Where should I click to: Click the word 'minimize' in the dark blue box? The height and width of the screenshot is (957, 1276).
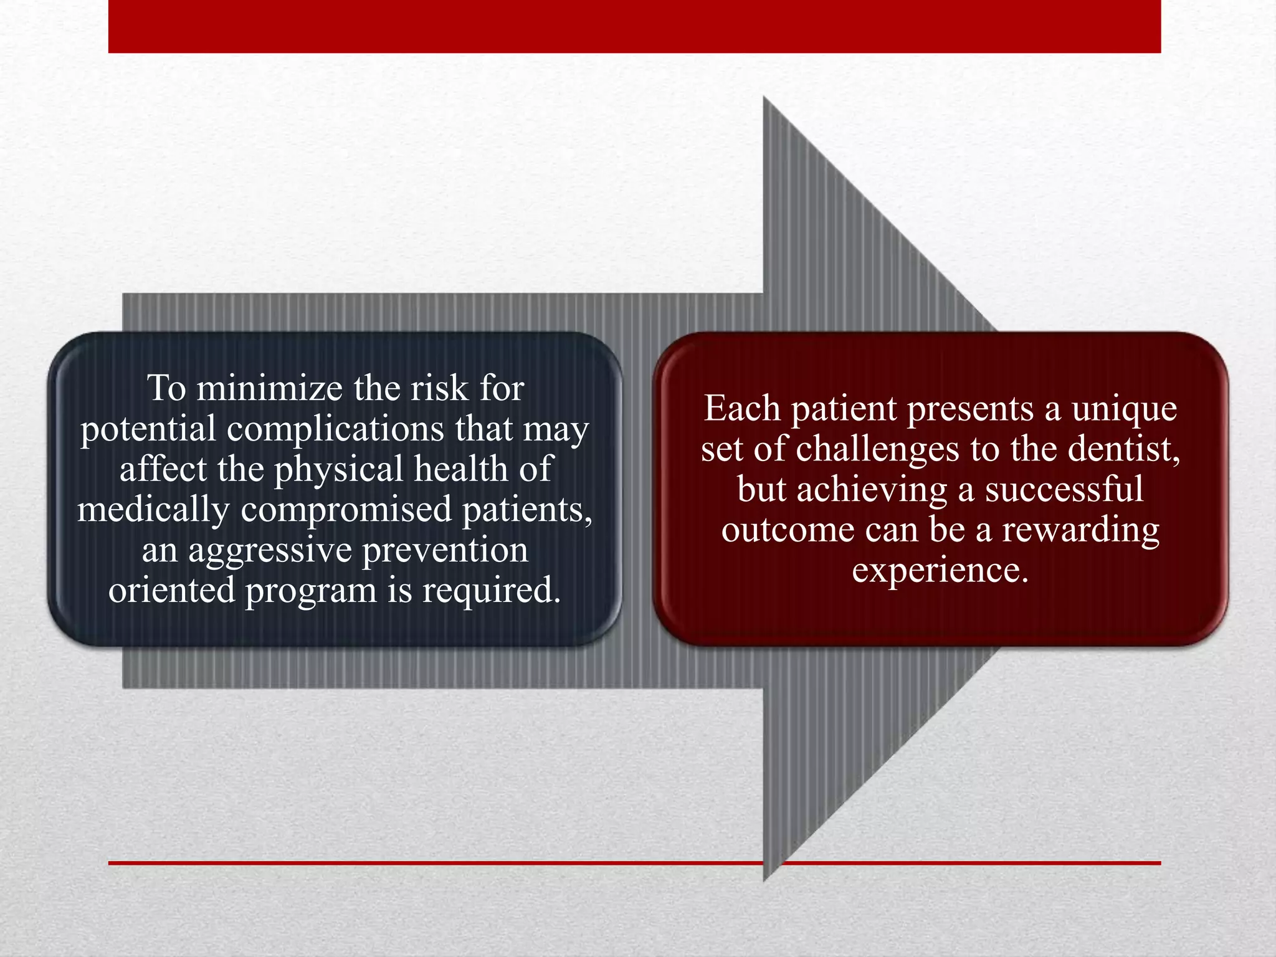[269, 389]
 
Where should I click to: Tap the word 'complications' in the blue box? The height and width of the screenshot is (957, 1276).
[335, 429]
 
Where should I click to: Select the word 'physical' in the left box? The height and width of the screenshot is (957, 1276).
[339, 470]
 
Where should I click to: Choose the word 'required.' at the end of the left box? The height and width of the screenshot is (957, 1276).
[492, 591]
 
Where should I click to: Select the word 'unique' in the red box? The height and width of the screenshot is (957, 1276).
[1124, 410]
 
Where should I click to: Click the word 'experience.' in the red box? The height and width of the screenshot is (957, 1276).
[940, 571]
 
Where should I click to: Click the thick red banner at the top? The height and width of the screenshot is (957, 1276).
[634, 26]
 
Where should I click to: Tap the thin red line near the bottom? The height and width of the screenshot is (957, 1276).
[436, 863]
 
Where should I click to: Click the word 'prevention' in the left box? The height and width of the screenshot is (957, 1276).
[445, 551]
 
